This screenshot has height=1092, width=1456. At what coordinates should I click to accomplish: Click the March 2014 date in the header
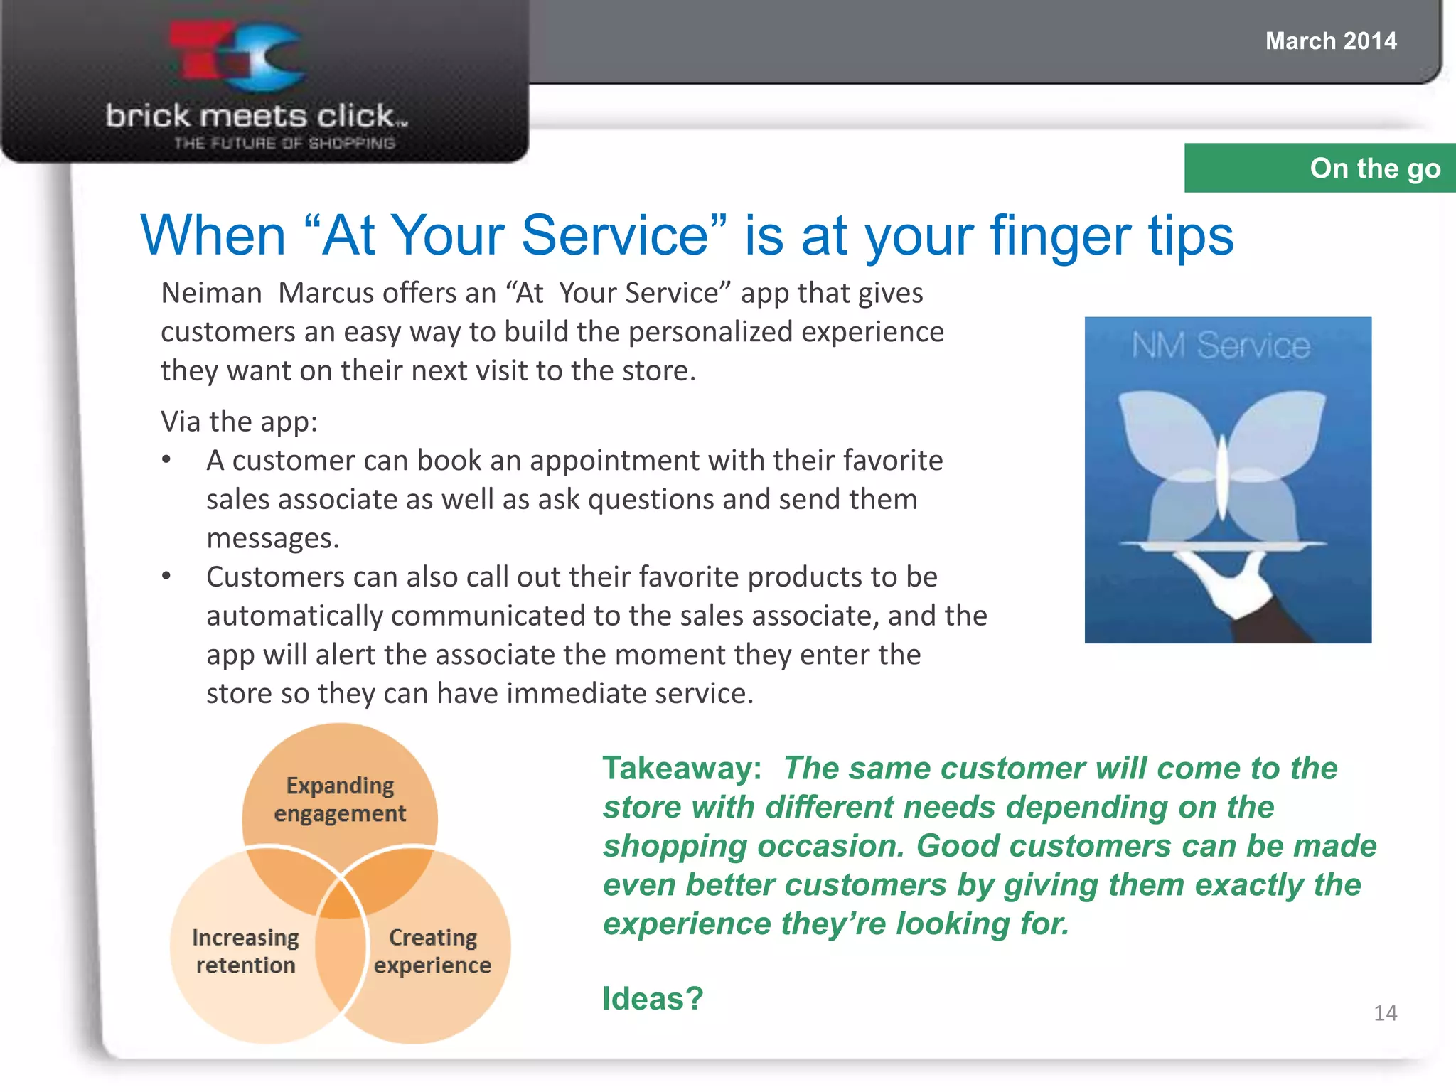pos(1330,41)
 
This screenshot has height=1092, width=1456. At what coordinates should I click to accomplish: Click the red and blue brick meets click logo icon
pos(238,57)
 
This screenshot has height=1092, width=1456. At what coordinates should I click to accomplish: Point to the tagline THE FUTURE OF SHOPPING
pos(284,143)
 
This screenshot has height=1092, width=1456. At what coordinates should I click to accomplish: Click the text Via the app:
pos(239,421)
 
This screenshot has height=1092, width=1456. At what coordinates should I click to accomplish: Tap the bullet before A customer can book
pos(166,459)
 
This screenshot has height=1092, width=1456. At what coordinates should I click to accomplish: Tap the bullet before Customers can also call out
pos(166,576)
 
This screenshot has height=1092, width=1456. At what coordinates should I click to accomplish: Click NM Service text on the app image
pos(1220,346)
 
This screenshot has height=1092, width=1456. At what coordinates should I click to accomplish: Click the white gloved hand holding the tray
pos(1233,583)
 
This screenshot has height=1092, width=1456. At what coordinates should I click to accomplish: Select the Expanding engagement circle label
pos(340,799)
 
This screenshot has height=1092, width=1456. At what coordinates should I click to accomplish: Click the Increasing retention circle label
pos(245,951)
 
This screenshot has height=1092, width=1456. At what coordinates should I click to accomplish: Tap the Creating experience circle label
pos(432,951)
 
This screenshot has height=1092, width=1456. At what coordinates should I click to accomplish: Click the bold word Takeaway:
pos(681,769)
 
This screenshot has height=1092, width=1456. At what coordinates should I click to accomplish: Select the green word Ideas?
pos(652,998)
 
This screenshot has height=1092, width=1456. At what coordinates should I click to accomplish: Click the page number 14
pos(1385,1012)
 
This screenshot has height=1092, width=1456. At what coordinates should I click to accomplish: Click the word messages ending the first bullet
pos(272,538)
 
